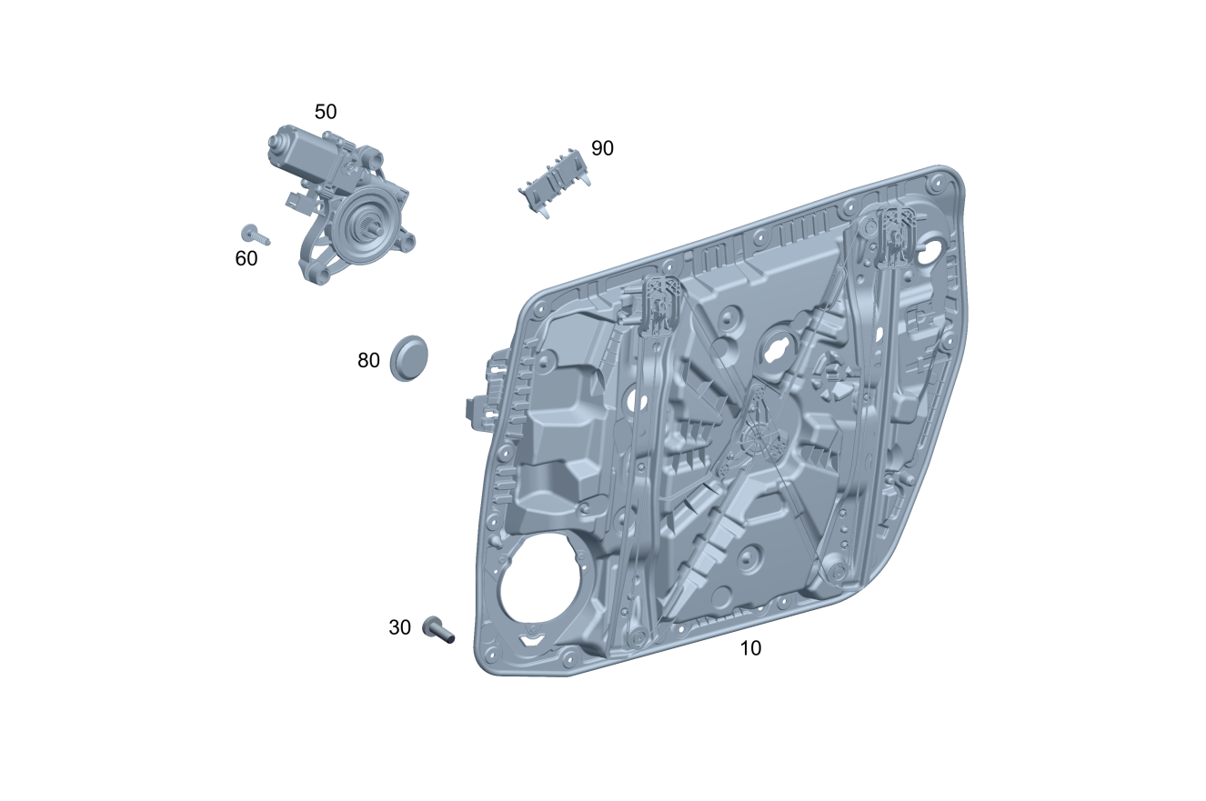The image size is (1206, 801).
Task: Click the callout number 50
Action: point(326,112)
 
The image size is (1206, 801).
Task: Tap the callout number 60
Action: point(246,259)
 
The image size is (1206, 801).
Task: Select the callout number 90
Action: point(602,148)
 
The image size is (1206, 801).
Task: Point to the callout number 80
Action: point(368,361)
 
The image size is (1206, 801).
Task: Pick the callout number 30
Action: point(400,627)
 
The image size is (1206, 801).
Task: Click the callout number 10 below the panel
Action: point(750,648)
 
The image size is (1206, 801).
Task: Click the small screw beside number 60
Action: point(256,235)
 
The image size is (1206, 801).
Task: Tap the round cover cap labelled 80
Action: point(408,358)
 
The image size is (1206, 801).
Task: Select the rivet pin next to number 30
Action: point(438,630)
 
